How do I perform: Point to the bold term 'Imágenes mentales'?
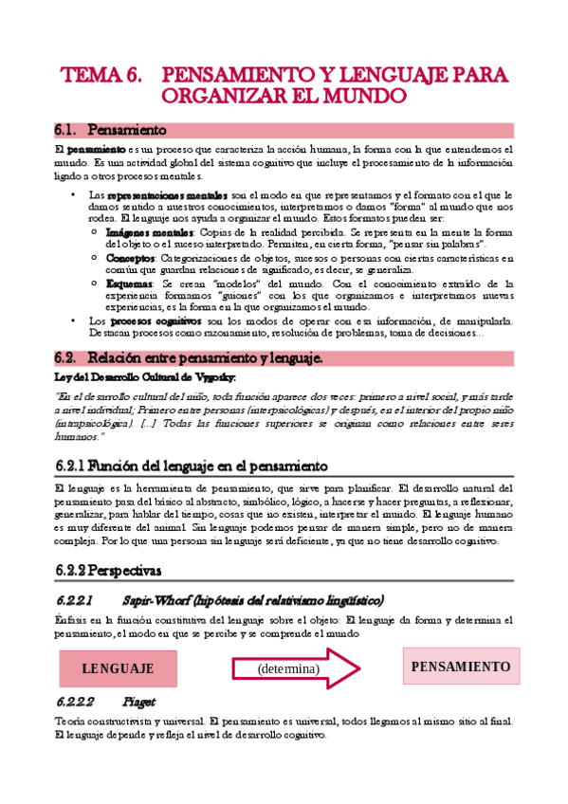tap(149, 232)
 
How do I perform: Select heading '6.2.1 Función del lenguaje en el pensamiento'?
tap(192, 466)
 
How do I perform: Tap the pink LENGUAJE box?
tap(118, 668)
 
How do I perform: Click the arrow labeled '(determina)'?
tap(301, 668)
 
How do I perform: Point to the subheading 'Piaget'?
tap(139, 703)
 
